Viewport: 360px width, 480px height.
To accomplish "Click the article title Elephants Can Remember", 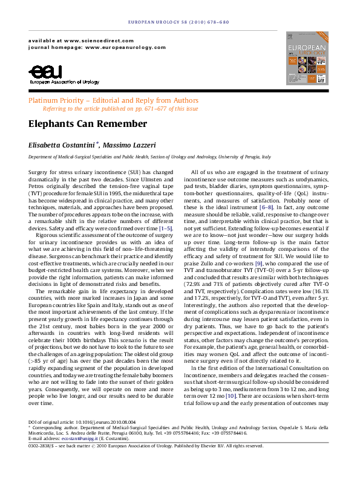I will coord(88,124).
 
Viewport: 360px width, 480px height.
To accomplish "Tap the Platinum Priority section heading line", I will coord(114,100).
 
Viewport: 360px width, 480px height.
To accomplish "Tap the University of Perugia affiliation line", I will coord(142,157).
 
